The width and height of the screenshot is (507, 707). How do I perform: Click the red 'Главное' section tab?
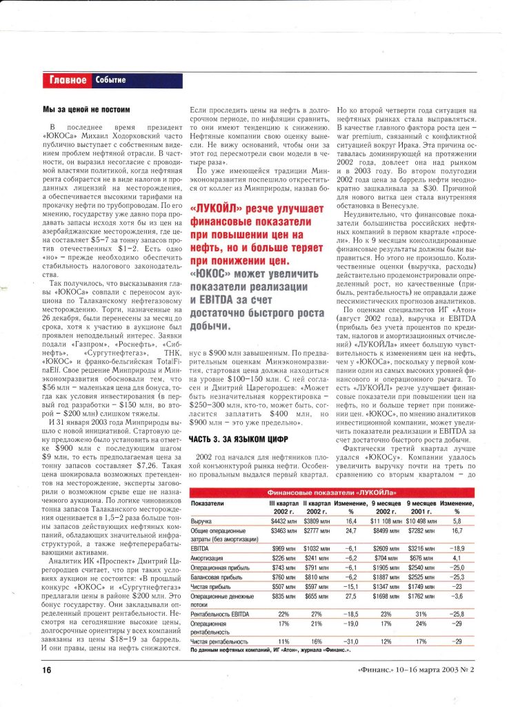click(x=68, y=80)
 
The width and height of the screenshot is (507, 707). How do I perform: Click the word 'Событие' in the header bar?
click(x=110, y=80)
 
